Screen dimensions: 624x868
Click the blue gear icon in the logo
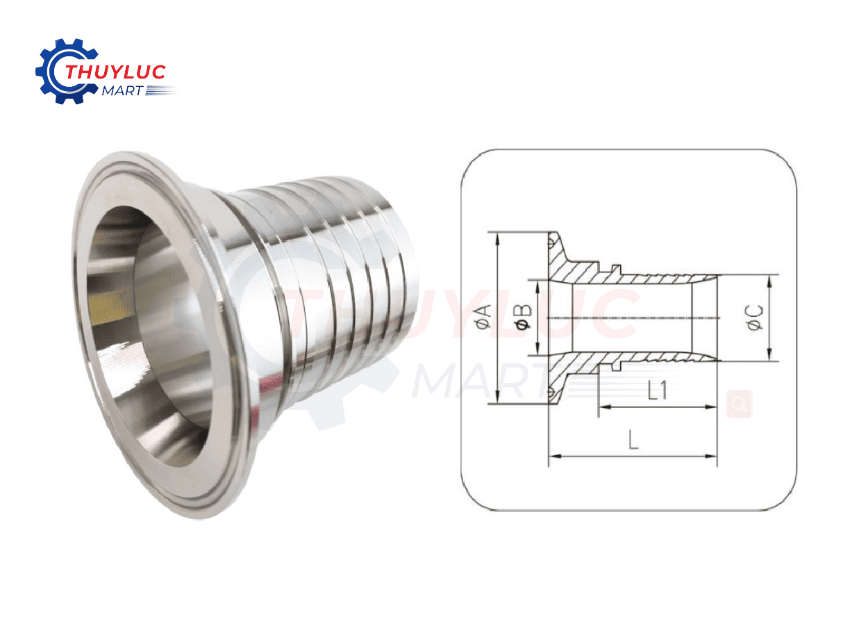51,70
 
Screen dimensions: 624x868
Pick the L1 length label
656,391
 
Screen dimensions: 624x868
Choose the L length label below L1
633,440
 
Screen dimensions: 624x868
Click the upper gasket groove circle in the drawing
552,243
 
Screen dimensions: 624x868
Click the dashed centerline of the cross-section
625,318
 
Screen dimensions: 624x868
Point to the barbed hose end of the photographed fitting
347,278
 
